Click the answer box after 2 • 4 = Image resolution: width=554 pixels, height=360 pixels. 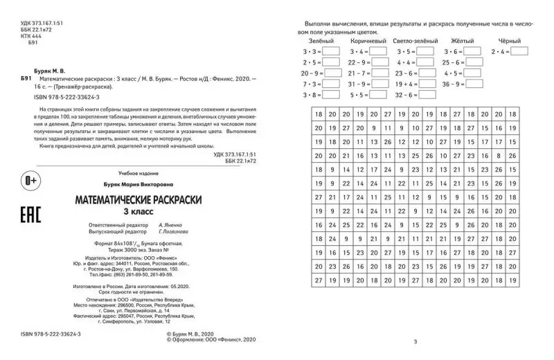tap(519, 51)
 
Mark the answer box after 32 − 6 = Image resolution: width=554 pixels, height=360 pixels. tap(426, 95)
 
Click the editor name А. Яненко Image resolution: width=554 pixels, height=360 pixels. tap(170, 226)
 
